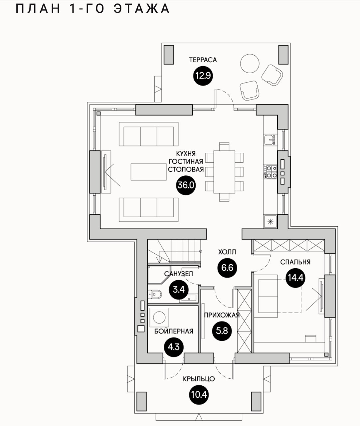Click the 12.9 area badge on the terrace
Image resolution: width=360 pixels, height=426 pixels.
click(203, 76)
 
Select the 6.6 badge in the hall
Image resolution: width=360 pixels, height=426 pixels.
click(227, 267)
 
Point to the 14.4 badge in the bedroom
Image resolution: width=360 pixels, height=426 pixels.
click(295, 277)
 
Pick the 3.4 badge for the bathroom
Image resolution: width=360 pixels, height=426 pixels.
click(179, 289)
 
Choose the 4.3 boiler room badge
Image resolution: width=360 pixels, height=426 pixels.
click(173, 347)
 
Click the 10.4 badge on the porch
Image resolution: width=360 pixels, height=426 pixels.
click(199, 395)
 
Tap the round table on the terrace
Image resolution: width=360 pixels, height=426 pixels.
click(250, 64)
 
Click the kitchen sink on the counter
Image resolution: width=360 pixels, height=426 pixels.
click(269, 140)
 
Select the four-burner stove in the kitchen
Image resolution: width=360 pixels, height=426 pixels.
click(270, 171)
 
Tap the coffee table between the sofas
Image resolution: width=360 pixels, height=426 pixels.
click(149, 171)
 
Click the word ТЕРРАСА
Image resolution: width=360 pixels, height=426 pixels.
click(203, 60)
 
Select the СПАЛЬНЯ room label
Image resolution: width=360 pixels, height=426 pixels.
click(295, 262)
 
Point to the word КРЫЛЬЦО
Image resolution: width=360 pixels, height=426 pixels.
click(199, 379)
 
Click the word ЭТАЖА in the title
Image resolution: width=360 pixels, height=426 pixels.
click(142, 9)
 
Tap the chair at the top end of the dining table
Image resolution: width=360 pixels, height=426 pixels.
click(224, 146)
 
